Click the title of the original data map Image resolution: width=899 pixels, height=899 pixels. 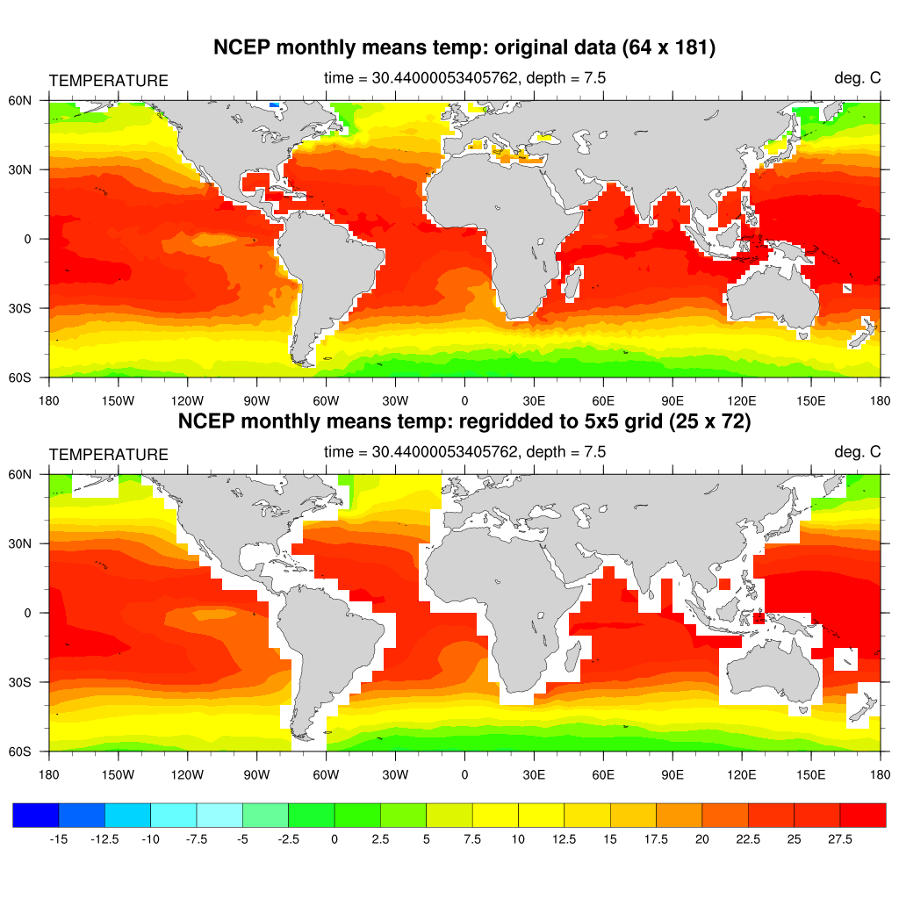click(x=464, y=49)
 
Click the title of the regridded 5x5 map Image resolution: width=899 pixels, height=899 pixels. click(x=464, y=421)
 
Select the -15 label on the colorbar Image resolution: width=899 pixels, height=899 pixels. click(x=59, y=839)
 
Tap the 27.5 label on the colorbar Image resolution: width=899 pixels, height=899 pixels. click(x=840, y=839)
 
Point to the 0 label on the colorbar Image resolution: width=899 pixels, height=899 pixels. click(x=334, y=839)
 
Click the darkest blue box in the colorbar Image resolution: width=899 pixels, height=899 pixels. click(x=36, y=816)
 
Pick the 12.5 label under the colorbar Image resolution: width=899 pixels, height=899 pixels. click(x=565, y=839)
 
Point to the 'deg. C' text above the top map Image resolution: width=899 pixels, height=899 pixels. click(x=857, y=79)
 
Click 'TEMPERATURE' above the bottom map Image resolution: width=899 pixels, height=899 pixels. click(x=108, y=455)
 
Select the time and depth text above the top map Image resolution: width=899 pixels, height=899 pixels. click(x=464, y=79)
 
